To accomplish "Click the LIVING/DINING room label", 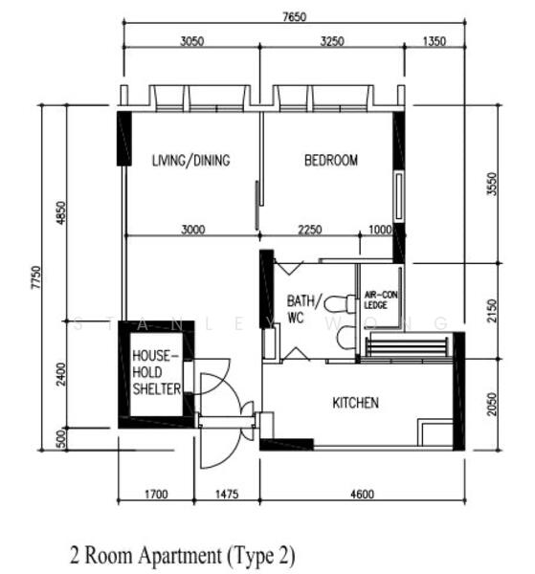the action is pyautogui.click(x=190, y=161).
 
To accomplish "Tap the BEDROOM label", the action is pyautogui.click(x=331, y=161).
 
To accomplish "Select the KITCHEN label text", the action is pyautogui.click(x=355, y=403).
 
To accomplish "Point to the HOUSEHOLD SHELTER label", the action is pyautogui.click(x=156, y=372).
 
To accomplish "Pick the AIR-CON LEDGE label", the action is pyautogui.click(x=381, y=299).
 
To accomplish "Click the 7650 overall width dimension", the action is pyautogui.click(x=294, y=17).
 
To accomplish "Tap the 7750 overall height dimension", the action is pyautogui.click(x=36, y=277).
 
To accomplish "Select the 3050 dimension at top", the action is pyautogui.click(x=191, y=41).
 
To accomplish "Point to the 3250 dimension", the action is pyautogui.click(x=332, y=41).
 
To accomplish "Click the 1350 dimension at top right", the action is pyautogui.click(x=435, y=41).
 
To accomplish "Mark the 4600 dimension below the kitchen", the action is pyautogui.click(x=362, y=495).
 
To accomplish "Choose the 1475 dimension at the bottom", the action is pyautogui.click(x=226, y=495).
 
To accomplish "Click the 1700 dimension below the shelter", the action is pyautogui.click(x=156, y=495).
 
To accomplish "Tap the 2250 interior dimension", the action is pyautogui.click(x=310, y=230).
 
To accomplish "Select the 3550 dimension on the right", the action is pyautogui.click(x=493, y=184).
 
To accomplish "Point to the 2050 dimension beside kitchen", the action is pyautogui.click(x=493, y=404).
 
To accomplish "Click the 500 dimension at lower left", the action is pyautogui.click(x=61, y=438).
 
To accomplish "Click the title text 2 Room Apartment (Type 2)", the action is pyautogui.click(x=182, y=555).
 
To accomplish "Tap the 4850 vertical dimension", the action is pyautogui.click(x=61, y=212).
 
